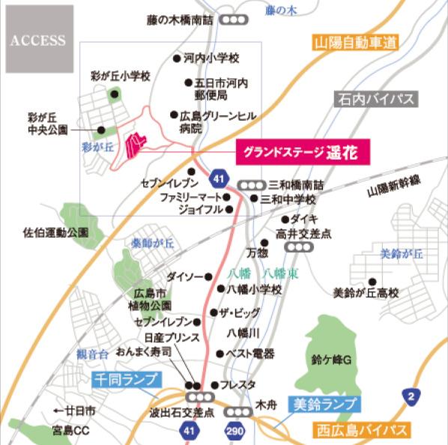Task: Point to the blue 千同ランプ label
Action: coord(118,381)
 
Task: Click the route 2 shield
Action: coord(411,395)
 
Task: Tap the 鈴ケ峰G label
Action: coord(331,360)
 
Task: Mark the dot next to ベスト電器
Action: coord(220,354)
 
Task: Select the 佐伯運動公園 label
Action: coord(55,233)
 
